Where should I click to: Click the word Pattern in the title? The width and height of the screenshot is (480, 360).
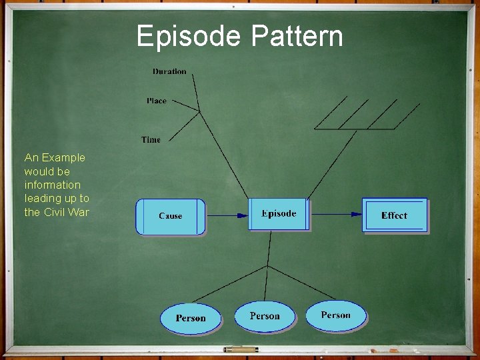click(297, 36)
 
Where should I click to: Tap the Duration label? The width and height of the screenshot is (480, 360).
click(169, 71)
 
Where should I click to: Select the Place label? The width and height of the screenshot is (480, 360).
click(157, 101)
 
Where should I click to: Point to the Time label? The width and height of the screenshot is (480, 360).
click(151, 139)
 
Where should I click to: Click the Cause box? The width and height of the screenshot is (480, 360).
click(171, 216)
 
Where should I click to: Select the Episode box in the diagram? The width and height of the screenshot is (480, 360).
click(279, 214)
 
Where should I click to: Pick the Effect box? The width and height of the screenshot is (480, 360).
click(394, 215)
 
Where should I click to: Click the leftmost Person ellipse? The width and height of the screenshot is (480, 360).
click(191, 318)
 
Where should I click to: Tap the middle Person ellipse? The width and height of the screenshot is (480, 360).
click(265, 315)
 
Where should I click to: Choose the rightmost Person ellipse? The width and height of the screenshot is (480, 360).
click(336, 315)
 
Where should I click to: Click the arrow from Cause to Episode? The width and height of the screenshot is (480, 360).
click(227, 215)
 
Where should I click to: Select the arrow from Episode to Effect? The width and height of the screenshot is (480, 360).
click(337, 214)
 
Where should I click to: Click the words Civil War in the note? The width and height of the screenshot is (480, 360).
click(65, 212)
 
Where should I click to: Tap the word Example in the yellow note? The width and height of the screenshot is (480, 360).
click(63, 158)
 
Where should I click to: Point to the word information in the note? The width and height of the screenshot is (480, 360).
click(52, 185)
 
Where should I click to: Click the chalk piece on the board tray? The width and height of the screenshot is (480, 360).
click(240, 349)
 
